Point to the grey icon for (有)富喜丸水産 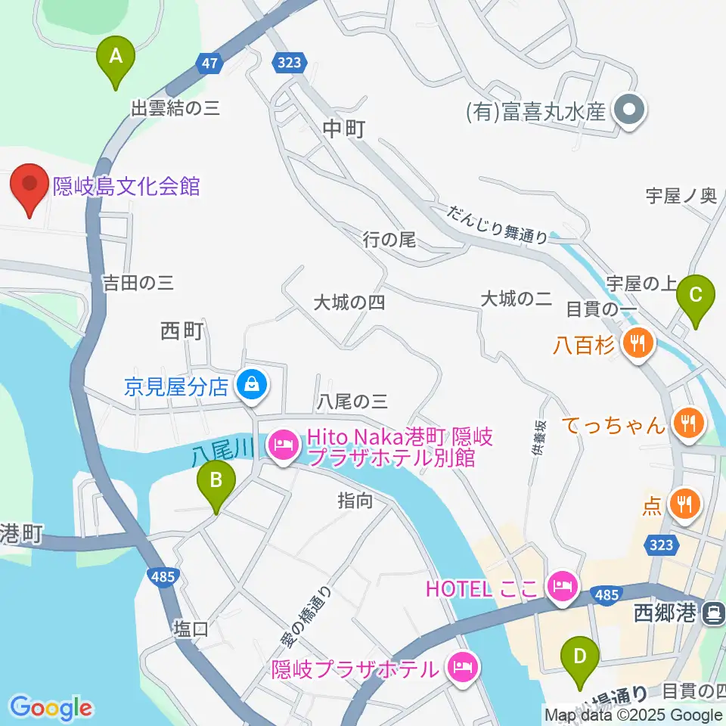click(629, 112)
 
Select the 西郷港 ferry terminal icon click(712, 613)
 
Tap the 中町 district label click(344, 129)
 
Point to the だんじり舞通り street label click(497, 224)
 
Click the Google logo click(51, 708)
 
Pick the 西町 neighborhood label click(182, 331)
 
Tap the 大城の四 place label click(350, 302)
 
